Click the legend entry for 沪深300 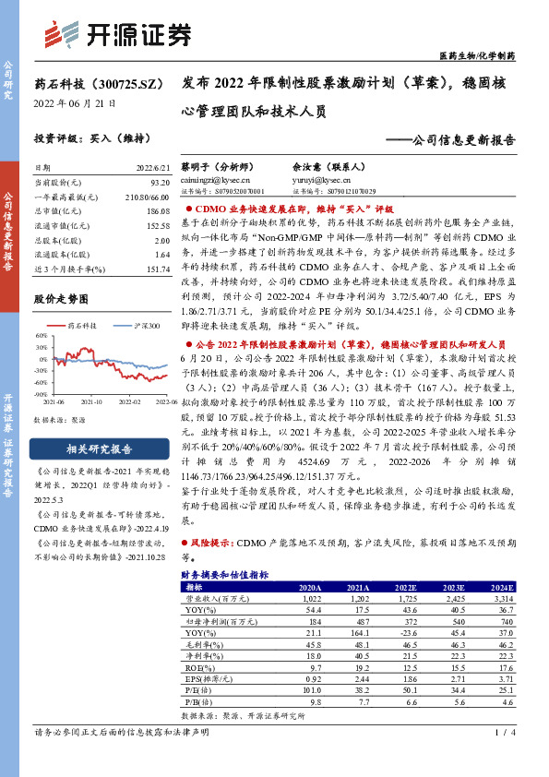(x=140, y=327)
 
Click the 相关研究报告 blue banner (x=90, y=449)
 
